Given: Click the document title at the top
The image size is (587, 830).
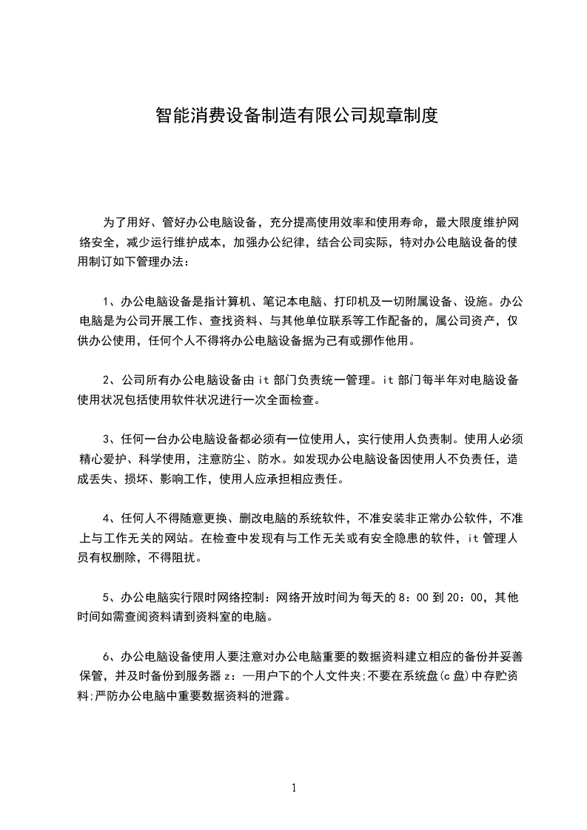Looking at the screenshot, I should pyautogui.click(x=297, y=116).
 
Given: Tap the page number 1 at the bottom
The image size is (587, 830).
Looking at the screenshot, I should pyautogui.click(x=294, y=788).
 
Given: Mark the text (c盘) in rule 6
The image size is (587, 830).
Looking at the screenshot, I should pyautogui.click(x=439, y=676).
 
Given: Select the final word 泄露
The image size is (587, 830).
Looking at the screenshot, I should pyautogui.click(x=273, y=695).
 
